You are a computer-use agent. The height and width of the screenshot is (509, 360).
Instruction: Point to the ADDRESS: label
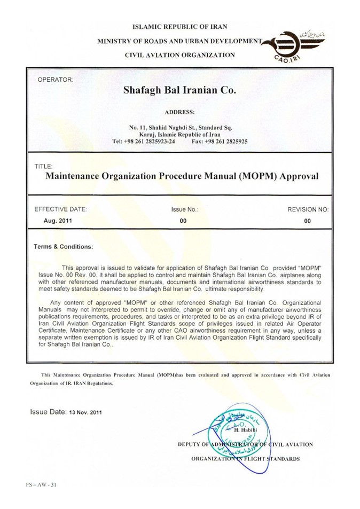(180, 113)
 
